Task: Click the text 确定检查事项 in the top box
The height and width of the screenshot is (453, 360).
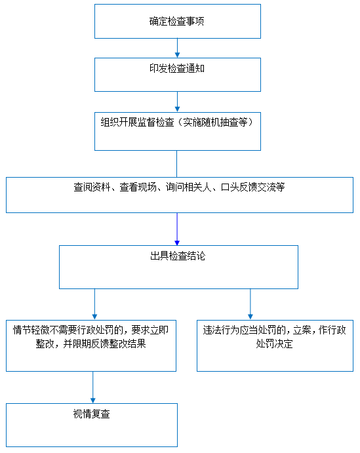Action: (176, 22)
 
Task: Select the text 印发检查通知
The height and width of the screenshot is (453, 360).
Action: (177, 68)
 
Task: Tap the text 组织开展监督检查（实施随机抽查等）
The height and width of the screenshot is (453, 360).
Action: (177, 122)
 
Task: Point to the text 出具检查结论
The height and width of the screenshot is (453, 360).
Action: (178, 256)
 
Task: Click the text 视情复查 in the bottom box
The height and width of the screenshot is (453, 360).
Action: (92, 414)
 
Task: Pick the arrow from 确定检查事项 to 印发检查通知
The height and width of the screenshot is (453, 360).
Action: (178, 48)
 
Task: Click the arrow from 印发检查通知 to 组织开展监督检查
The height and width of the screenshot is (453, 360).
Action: (178, 102)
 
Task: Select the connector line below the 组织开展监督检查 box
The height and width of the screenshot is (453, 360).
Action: (177, 164)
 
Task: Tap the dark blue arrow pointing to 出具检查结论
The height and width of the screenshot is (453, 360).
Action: (177, 229)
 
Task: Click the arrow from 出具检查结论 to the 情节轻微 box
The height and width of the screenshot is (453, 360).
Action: (94, 304)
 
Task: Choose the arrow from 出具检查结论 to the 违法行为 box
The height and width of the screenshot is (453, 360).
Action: (250, 304)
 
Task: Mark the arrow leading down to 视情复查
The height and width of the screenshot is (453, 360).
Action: (92, 387)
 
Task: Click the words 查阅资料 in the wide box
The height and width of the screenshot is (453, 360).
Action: (92, 187)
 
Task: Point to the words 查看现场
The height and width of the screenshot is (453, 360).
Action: (138, 187)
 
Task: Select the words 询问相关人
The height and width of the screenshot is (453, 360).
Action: (189, 187)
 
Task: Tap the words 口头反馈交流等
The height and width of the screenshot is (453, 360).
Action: (253, 187)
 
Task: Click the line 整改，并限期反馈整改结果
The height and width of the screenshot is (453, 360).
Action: (90, 344)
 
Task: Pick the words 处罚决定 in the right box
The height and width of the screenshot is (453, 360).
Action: (275, 344)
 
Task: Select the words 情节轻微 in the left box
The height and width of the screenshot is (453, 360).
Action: (31, 330)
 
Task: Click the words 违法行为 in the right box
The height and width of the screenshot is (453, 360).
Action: (222, 330)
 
